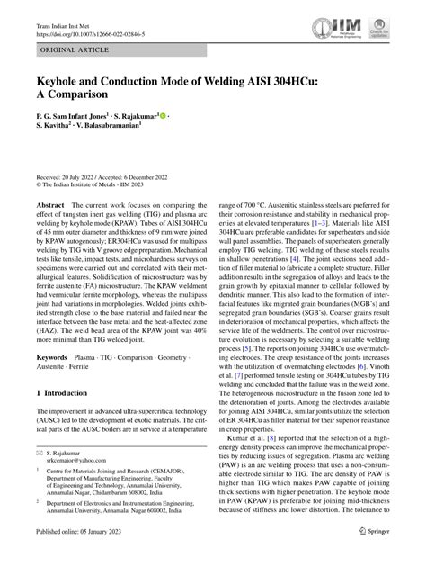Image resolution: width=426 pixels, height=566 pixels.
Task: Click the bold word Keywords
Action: [52, 357]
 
